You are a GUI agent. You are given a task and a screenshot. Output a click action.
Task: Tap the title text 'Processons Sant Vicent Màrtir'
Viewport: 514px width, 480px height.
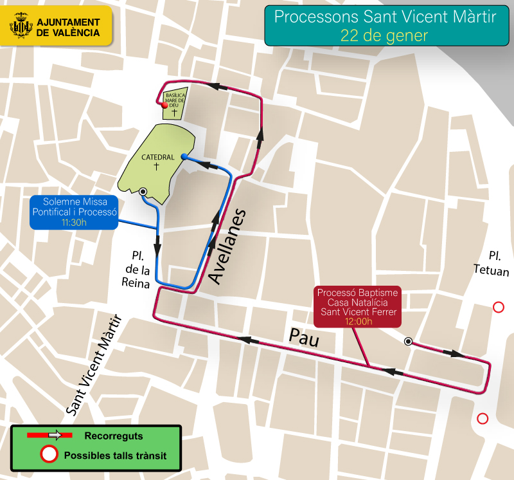click(x=385, y=17)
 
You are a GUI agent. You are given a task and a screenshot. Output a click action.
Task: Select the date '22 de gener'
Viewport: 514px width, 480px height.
click(x=384, y=35)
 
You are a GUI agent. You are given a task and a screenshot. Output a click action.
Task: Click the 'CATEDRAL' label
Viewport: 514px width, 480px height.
click(x=157, y=157)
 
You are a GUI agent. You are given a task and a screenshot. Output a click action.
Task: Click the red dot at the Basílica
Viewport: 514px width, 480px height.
click(x=164, y=106)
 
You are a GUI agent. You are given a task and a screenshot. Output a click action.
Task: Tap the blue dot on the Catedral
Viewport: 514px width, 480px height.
click(x=184, y=156)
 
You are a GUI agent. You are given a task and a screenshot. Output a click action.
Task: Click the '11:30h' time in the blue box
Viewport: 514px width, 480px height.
click(x=74, y=222)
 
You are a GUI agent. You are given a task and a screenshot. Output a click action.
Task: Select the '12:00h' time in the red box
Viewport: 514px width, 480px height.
click(x=359, y=322)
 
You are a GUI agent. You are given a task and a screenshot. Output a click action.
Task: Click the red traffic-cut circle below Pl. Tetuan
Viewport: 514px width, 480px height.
click(x=498, y=308)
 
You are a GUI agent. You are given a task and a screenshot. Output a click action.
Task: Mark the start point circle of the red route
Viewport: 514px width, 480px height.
click(x=408, y=342)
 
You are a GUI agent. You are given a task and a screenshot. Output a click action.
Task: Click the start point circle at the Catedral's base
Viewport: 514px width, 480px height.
click(x=143, y=191)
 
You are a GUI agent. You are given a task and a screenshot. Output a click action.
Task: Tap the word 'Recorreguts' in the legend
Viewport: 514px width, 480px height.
click(x=113, y=436)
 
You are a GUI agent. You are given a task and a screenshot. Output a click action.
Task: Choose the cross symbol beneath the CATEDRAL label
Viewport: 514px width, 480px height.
click(x=156, y=167)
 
